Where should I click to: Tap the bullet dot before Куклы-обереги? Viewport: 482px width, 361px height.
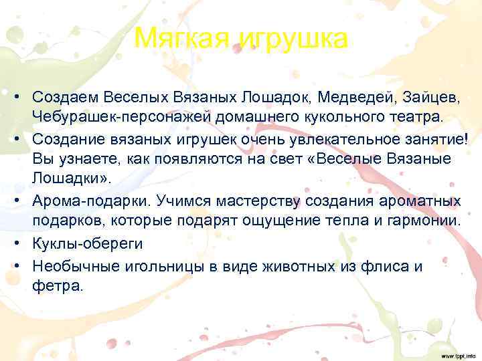coord(15,243)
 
